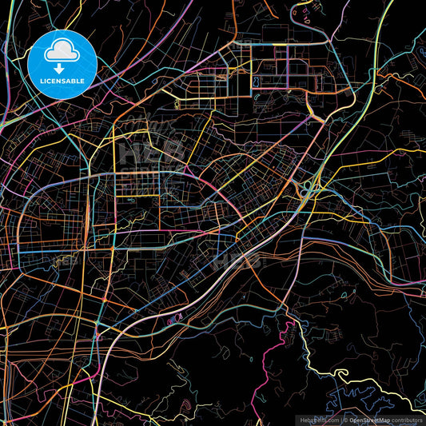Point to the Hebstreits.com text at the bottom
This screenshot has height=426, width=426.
pos(317,420)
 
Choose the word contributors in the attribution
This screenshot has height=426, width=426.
pos(410,420)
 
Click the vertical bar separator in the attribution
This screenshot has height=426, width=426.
pos(340,420)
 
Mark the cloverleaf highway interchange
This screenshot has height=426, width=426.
pos(308,188)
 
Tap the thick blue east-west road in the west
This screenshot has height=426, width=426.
pos(48,251)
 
